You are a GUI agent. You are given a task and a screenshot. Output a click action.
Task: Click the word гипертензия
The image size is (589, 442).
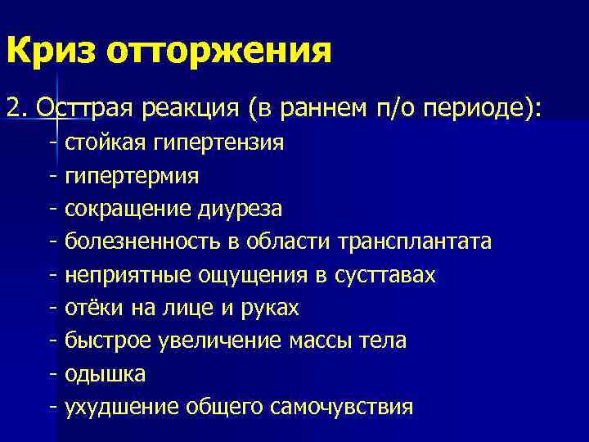[214, 143]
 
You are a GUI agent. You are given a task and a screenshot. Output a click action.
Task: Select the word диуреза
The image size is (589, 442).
[240, 209]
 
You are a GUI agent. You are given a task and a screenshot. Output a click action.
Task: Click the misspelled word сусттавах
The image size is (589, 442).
[384, 275]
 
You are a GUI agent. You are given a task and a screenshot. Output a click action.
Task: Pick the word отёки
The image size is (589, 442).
[89, 308]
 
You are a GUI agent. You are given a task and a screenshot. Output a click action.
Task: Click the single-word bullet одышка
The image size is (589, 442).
[106, 374]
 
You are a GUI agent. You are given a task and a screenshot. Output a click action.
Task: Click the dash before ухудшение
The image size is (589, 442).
[53, 407]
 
